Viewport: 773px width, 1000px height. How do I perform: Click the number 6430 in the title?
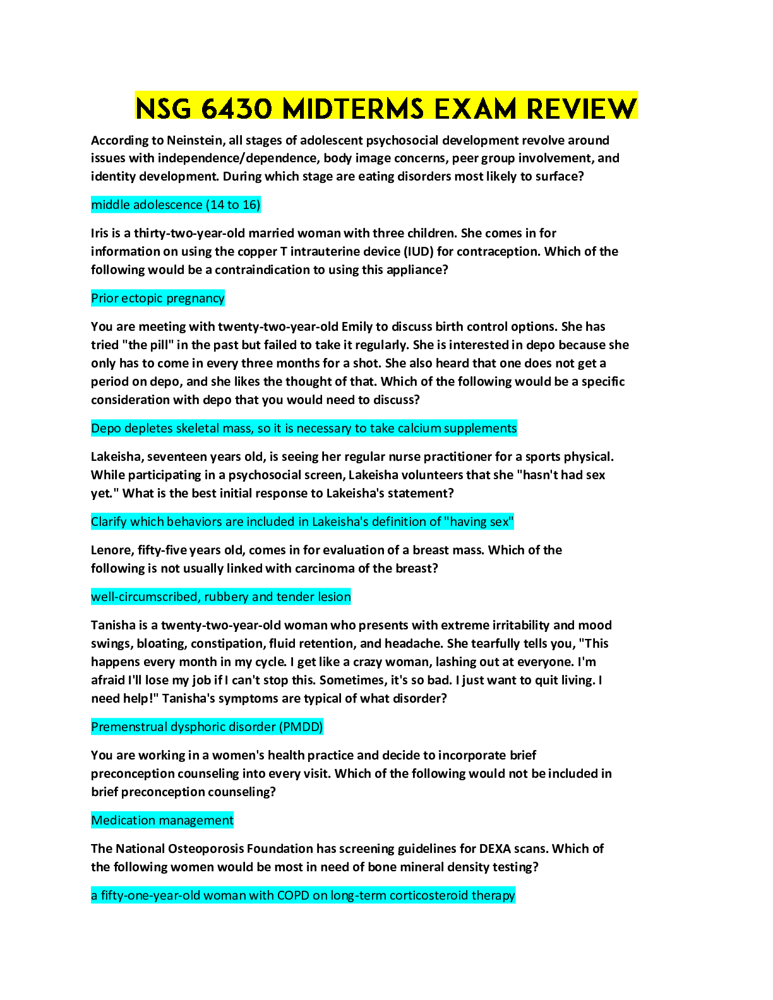(237, 109)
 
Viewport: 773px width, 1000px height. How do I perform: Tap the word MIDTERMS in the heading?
(353, 109)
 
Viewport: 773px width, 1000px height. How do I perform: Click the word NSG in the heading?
(163, 109)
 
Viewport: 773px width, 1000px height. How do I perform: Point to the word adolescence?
(168, 205)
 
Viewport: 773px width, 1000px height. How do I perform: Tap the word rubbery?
(226, 597)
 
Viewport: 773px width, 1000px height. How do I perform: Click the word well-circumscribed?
(144, 597)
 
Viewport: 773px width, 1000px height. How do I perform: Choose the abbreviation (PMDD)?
(301, 727)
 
